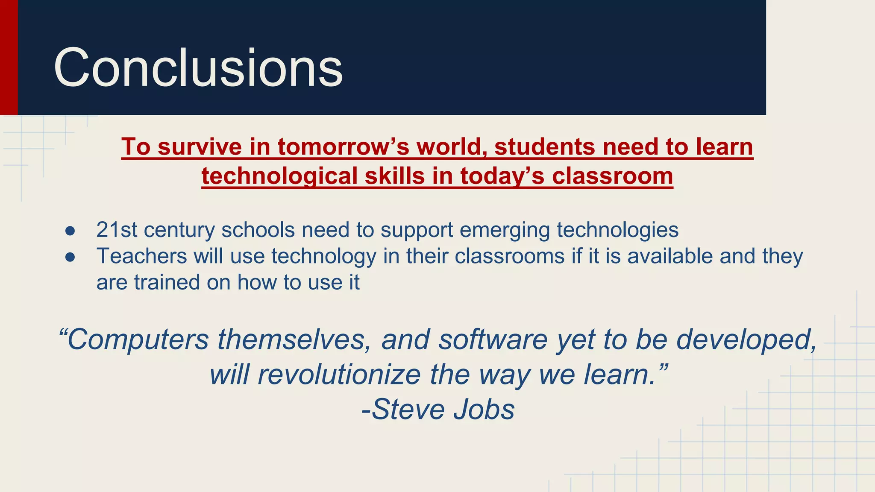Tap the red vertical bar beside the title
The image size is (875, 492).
[x=9, y=57]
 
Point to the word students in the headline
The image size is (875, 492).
[x=544, y=147]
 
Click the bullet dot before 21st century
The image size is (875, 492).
[x=70, y=231]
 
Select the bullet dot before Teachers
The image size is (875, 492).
[x=70, y=257]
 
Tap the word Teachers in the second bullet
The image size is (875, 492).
[x=141, y=256]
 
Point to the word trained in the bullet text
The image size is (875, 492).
[x=167, y=282]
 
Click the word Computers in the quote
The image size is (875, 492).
[x=138, y=340]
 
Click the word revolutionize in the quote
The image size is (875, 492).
[x=339, y=375]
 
